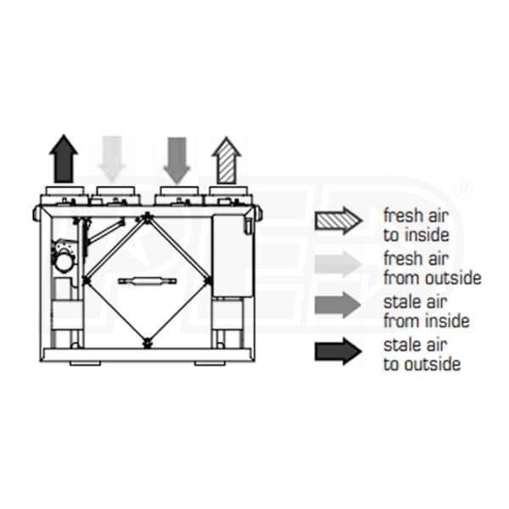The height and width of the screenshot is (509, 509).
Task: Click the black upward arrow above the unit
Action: click(x=64, y=159)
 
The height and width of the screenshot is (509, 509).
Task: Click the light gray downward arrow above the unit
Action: click(x=113, y=159)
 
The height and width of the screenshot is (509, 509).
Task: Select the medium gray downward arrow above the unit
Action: click(x=176, y=159)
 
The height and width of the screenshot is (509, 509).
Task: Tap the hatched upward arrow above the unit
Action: click(x=226, y=159)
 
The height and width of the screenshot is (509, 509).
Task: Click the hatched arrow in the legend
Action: click(x=338, y=220)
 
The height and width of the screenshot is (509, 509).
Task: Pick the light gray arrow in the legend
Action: click(x=338, y=263)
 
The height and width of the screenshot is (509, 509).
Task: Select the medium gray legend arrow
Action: click(x=338, y=306)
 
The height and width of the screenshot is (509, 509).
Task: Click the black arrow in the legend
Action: click(x=338, y=350)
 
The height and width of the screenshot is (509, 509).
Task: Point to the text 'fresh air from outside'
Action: click(x=432, y=267)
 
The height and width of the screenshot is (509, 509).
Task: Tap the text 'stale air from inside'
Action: click(x=426, y=310)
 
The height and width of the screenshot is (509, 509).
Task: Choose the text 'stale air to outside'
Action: click(x=422, y=354)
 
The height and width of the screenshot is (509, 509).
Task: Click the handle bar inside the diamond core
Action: click(x=147, y=280)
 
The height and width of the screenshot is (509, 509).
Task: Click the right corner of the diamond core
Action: click(x=208, y=279)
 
